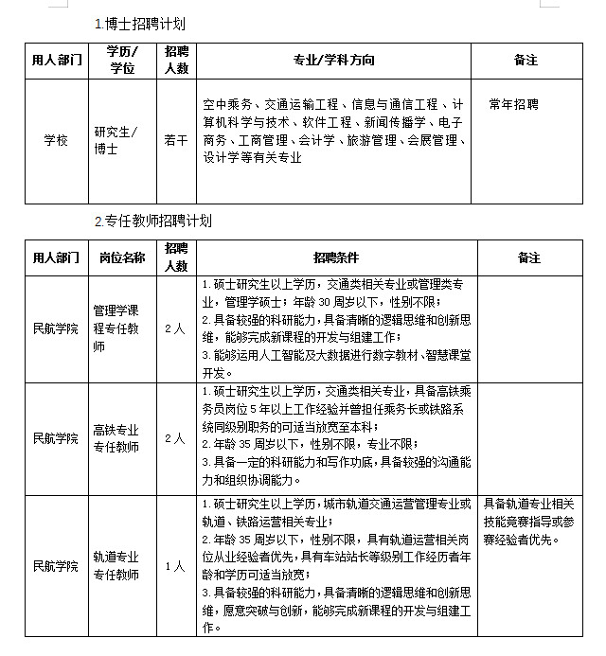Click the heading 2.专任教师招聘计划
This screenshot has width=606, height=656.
click(x=153, y=222)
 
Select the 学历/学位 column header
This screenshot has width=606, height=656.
click(x=121, y=60)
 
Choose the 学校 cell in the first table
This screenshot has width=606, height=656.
click(x=56, y=140)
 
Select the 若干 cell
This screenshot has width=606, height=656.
click(x=176, y=140)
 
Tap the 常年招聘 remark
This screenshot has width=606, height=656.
click(x=514, y=104)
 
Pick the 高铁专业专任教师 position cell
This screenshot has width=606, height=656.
click(x=116, y=438)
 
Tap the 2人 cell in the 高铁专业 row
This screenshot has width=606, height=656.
click(x=175, y=438)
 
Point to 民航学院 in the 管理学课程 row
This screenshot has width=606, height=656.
click(x=56, y=328)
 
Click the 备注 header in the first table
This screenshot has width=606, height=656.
click(x=526, y=60)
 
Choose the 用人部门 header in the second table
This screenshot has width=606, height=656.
click(x=56, y=257)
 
